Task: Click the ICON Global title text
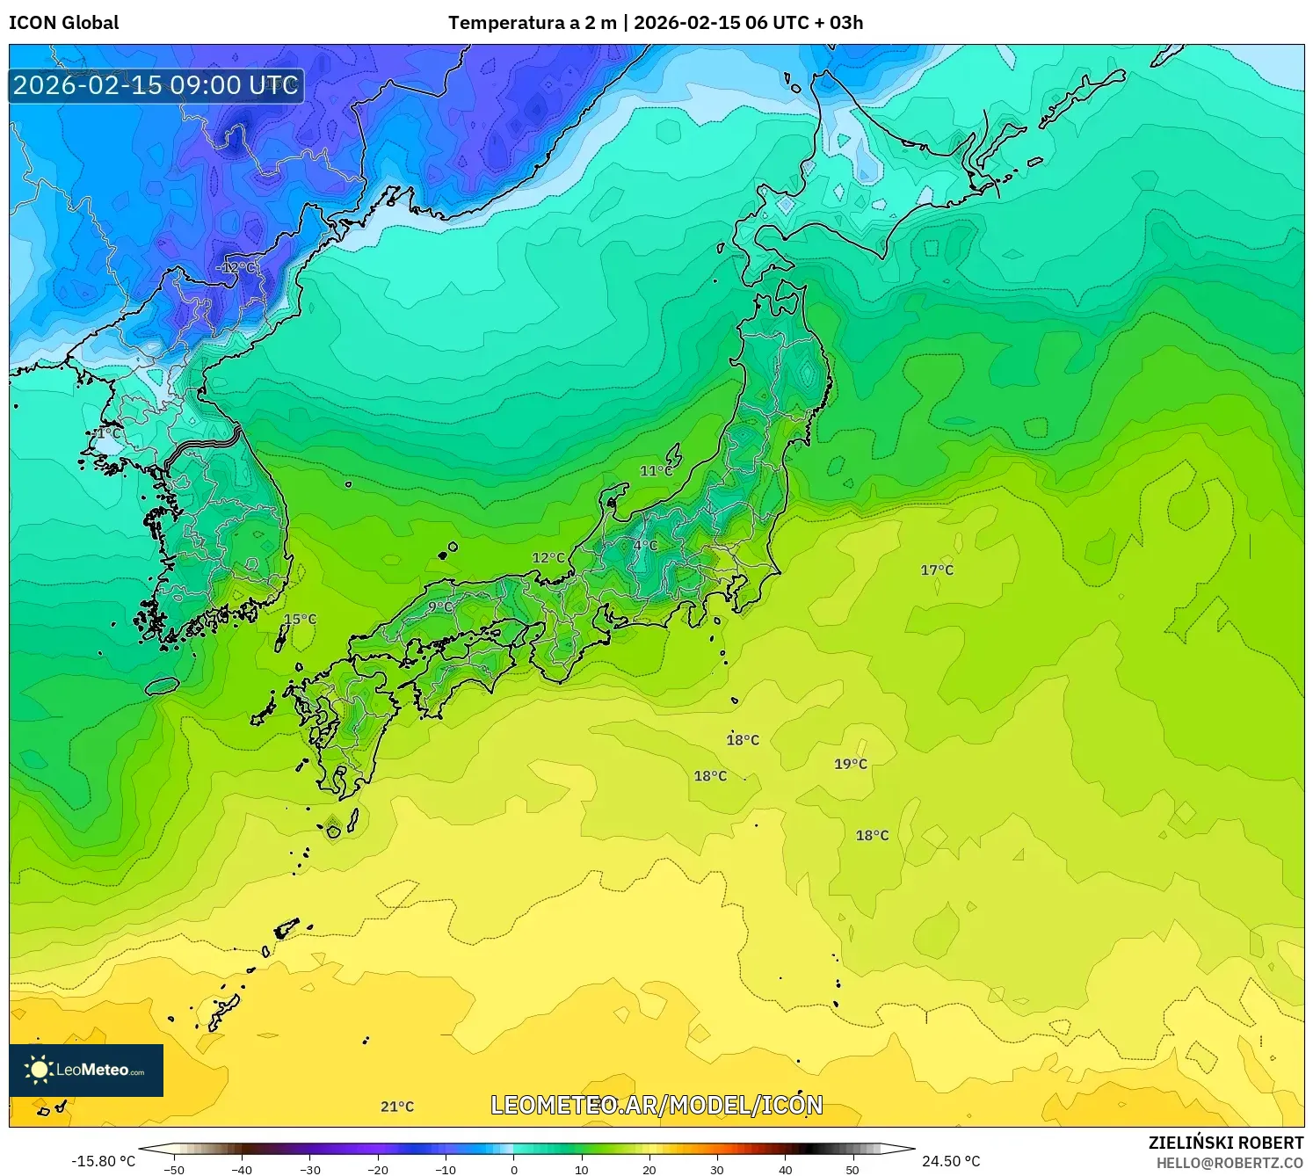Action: (x=63, y=23)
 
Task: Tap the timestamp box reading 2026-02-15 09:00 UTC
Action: (x=156, y=85)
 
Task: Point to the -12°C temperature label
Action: (x=236, y=267)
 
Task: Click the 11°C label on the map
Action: (x=656, y=471)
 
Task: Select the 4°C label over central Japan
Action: (x=645, y=545)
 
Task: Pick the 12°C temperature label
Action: (x=548, y=558)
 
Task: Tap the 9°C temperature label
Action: (x=440, y=606)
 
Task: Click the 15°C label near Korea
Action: (x=300, y=619)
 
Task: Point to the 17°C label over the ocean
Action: (x=937, y=570)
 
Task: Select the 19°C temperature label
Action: (x=851, y=764)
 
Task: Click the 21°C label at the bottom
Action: (x=397, y=1107)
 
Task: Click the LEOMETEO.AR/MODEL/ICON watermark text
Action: (x=656, y=1105)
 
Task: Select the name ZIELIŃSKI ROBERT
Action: (x=1226, y=1143)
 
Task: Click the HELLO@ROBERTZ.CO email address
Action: (x=1230, y=1163)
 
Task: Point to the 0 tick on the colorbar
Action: (x=514, y=1170)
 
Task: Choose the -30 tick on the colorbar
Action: (x=310, y=1170)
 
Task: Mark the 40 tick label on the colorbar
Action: (x=785, y=1170)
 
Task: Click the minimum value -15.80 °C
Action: (x=104, y=1161)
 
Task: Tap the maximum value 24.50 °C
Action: (x=951, y=1161)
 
